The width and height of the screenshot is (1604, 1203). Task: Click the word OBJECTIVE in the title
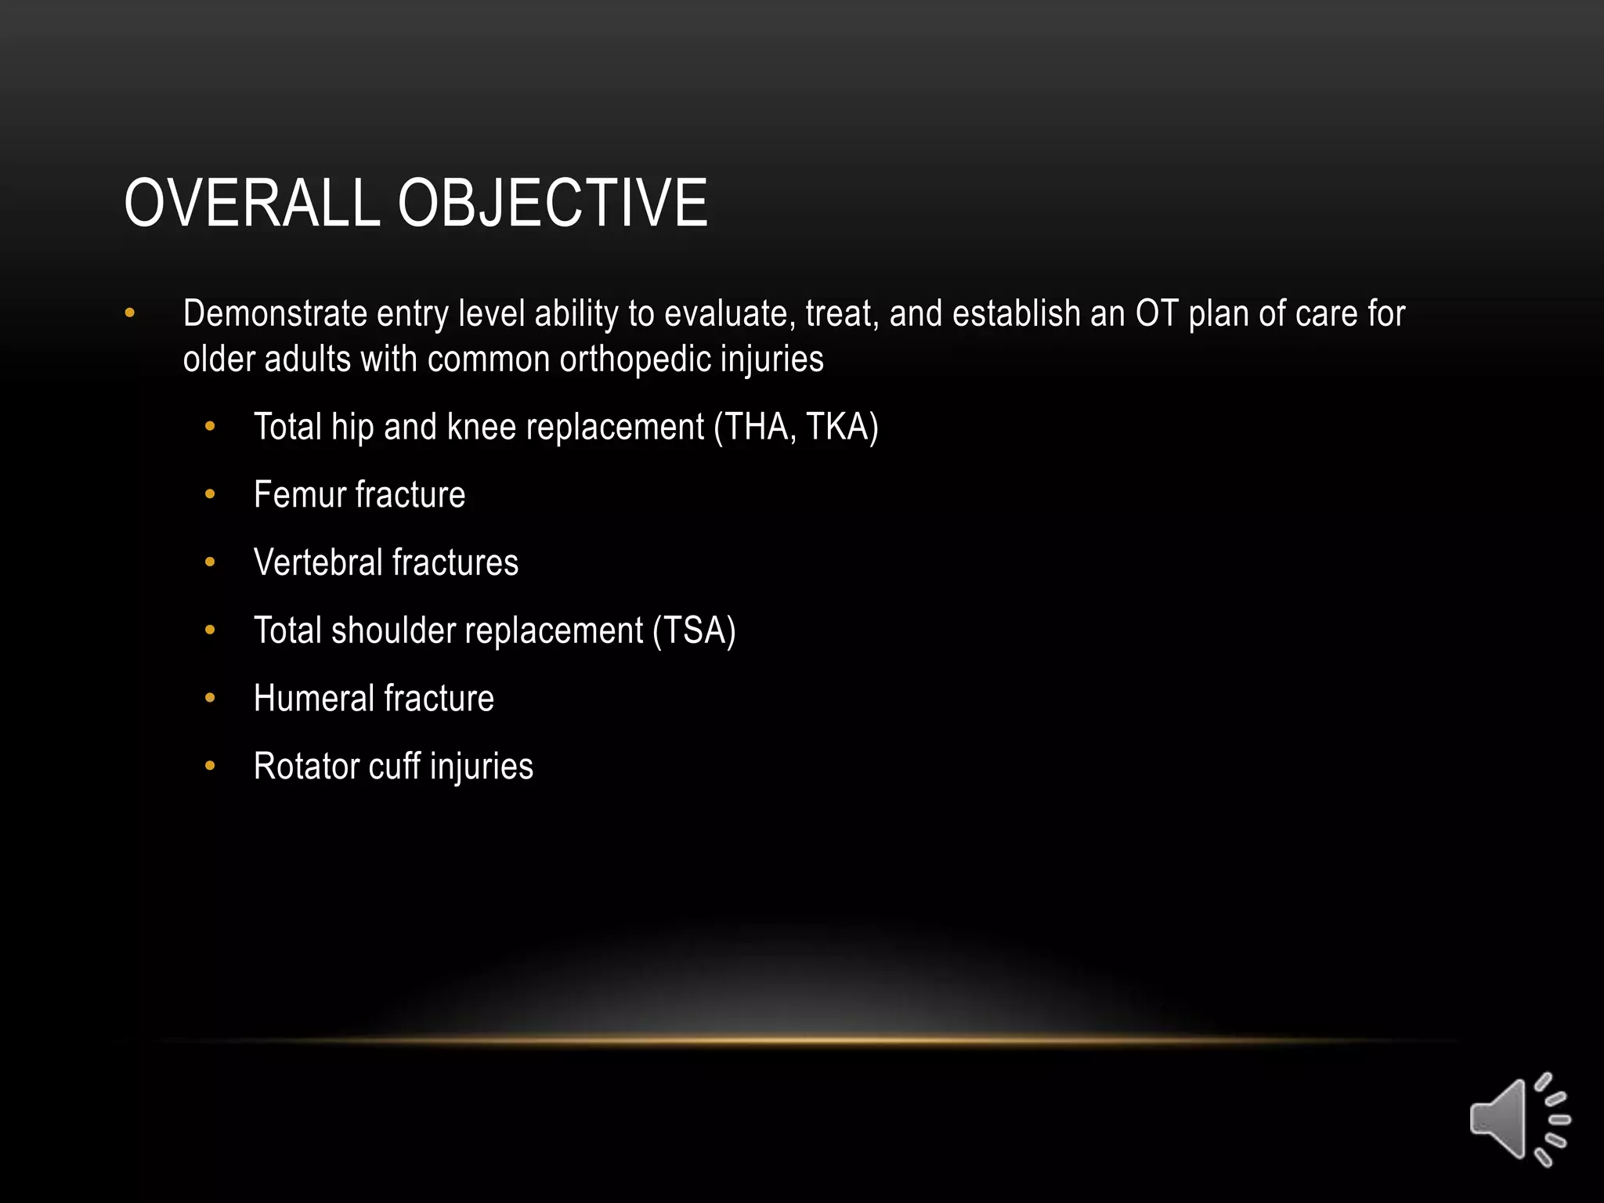[552, 204]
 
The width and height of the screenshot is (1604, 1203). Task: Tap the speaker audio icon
[1519, 1119]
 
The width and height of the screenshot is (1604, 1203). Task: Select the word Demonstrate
[275, 314]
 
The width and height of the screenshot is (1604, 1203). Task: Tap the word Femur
[299, 495]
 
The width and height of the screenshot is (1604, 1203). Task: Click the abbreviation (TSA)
[695, 631]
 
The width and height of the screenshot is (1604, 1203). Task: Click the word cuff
[394, 767]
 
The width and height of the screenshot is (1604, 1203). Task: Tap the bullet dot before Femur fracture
[209, 495]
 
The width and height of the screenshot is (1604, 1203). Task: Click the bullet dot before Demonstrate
[130, 314]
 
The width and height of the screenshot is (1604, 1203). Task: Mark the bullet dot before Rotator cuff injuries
[209, 767]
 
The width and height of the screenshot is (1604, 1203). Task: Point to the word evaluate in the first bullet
[729, 314]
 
